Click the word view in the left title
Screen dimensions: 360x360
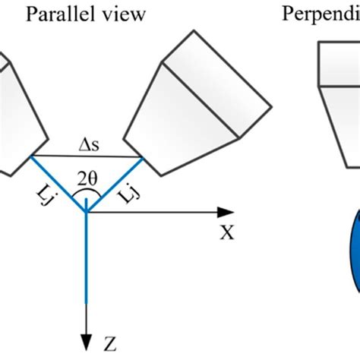(x=122, y=15)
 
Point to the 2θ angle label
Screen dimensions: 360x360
(x=90, y=179)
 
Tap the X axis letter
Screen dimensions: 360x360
(x=226, y=233)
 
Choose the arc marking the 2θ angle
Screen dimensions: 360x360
(x=87, y=194)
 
